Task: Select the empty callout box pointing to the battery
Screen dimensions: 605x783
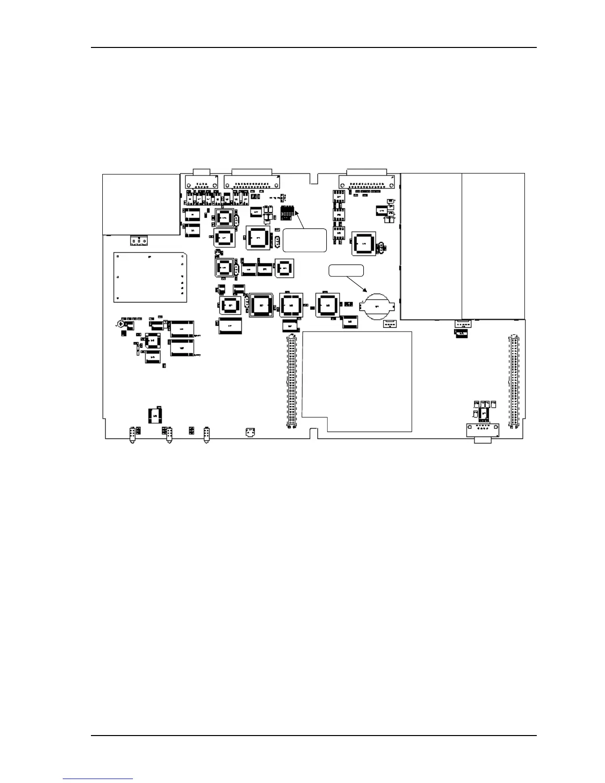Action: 346,270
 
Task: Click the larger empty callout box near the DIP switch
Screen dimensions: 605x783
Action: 304,240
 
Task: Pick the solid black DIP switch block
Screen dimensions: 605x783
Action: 287,214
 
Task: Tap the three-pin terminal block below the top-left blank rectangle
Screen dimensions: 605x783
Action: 139,241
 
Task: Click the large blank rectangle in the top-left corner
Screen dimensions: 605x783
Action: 141,205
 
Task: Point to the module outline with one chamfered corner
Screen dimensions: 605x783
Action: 150,277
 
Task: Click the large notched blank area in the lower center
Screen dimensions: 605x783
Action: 357,381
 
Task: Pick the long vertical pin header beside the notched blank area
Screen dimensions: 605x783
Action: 292,381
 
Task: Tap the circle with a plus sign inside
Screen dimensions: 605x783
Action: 121,324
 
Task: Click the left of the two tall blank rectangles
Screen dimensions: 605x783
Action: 431,246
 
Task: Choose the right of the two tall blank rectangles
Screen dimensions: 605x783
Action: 493,246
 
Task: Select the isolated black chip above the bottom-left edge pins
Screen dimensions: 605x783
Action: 156,416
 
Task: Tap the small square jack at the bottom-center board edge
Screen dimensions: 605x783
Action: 251,434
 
